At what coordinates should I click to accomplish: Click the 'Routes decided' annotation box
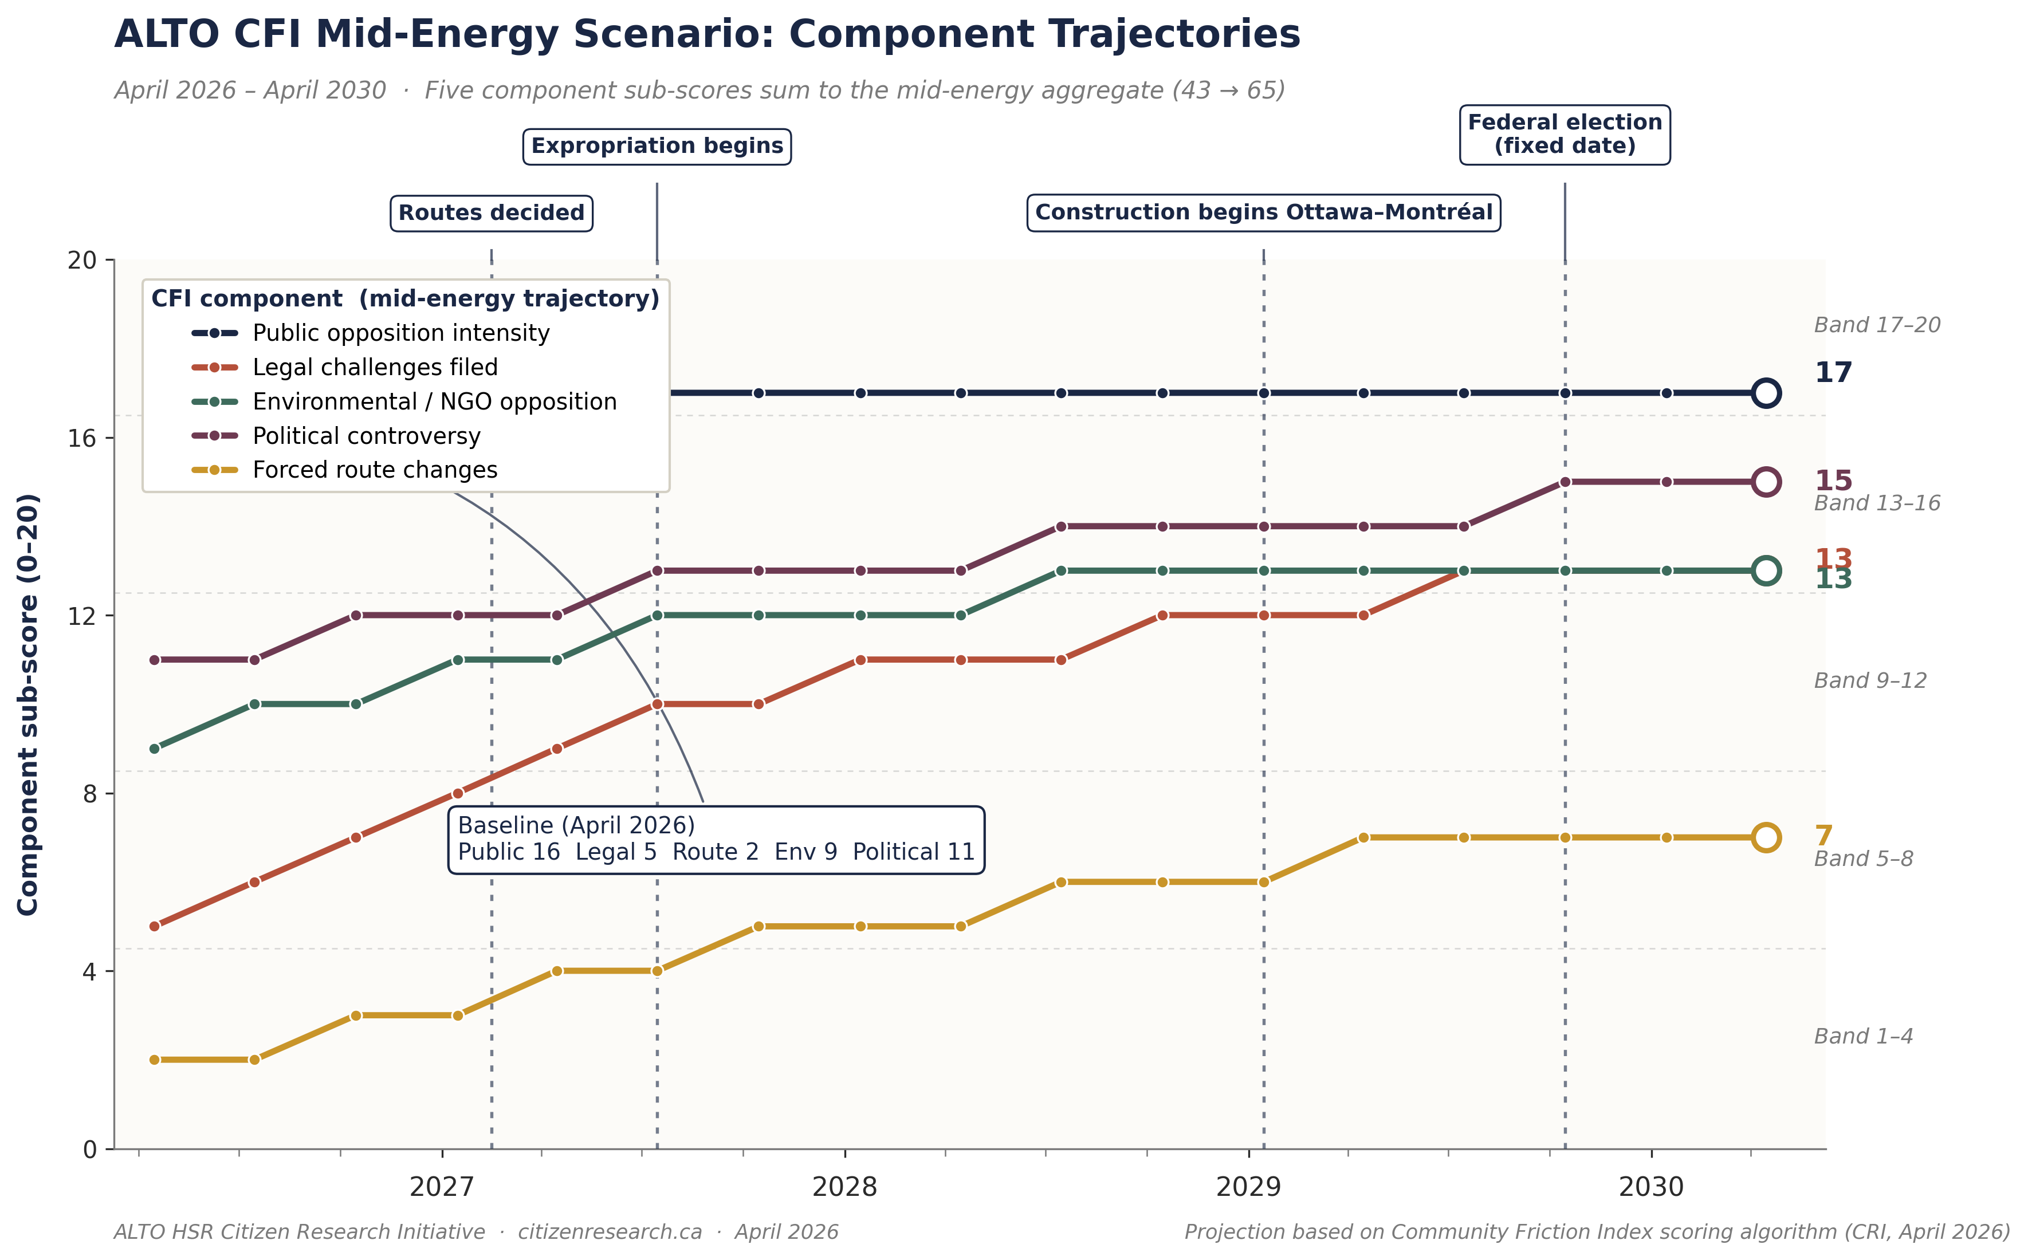pyautogui.click(x=491, y=213)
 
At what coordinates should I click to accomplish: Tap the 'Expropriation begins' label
pyautogui.click(x=657, y=147)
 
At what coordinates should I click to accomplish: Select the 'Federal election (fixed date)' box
pyautogui.click(x=1565, y=134)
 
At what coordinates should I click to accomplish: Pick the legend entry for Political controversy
pyautogui.click(x=366, y=436)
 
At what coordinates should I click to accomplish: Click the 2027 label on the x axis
pyautogui.click(x=441, y=1187)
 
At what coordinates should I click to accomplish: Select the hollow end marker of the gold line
pyautogui.click(x=1766, y=837)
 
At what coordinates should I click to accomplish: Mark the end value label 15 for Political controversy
pyautogui.click(x=1833, y=481)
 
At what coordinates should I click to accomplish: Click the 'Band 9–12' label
pyautogui.click(x=1870, y=681)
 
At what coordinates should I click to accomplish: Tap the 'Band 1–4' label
pyautogui.click(x=1863, y=1037)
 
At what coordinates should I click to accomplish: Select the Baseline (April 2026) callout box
pyautogui.click(x=716, y=839)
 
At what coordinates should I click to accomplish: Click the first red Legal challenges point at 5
pyautogui.click(x=154, y=927)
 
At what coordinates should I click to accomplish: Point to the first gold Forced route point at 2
pyautogui.click(x=154, y=1060)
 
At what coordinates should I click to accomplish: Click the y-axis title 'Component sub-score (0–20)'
pyautogui.click(x=27, y=704)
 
